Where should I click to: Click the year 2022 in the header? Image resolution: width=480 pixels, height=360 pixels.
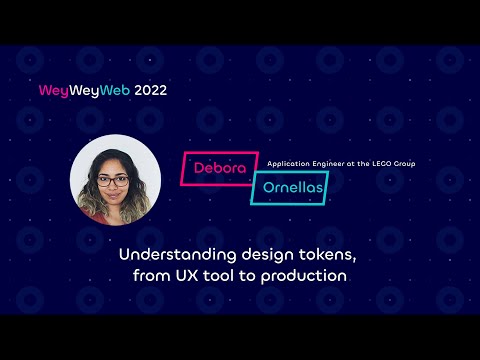146,90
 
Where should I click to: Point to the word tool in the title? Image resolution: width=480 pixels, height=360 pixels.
215,274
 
